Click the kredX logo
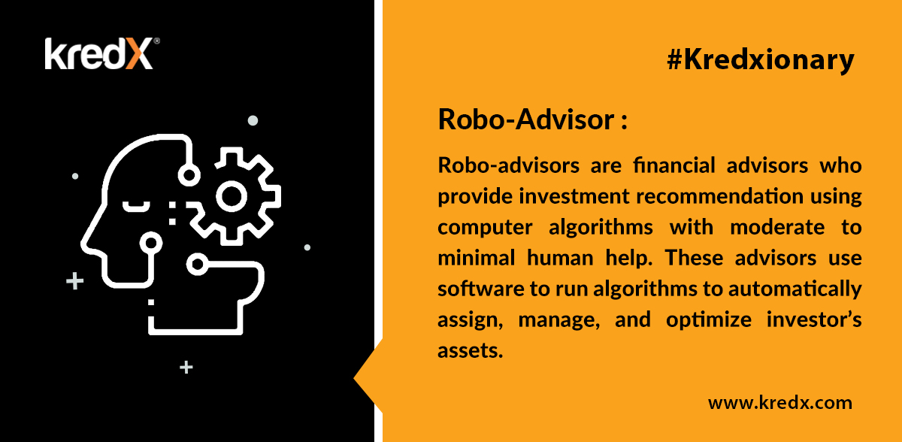coord(102,53)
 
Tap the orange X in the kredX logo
coord(139,54)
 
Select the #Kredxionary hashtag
coord(760,60)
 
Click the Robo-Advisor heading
coord(532,120)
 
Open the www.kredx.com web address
coord(780,403)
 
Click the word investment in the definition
coord(574,196)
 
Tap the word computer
coord(485,228)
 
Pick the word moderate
coord(777,227)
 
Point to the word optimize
coord(709,320)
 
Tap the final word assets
coord(471,350)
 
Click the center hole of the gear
coord(232,196)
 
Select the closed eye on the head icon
coord(136,207)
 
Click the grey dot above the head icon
coord(253,120)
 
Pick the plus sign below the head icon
coord(186,367)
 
